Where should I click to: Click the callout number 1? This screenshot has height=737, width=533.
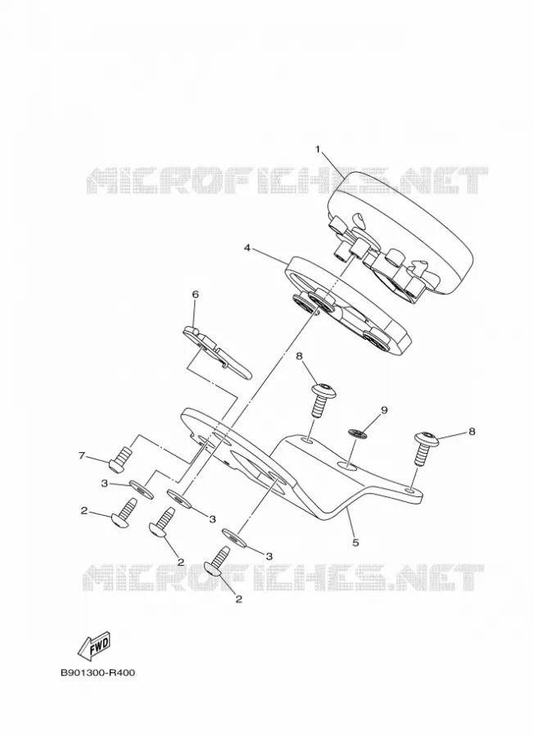pyautogui.click(x=318, y=150)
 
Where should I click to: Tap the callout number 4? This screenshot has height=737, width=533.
pyautogui.click(x=247, y=247)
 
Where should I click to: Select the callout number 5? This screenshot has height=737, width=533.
pyautogui.click(x=356, y=542)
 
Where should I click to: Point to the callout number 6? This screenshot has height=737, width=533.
pyautogui.click(x=195, y=295)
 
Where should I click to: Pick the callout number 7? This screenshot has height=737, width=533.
pyautogui.click(x=81, y=454)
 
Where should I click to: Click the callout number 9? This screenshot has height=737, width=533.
pyautogui.click(x=384, y=410)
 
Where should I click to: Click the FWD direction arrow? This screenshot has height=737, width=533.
pyautogui.click(x=93, y=644)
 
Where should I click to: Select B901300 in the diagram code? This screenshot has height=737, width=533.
pyautogui.click(x=81, y=672)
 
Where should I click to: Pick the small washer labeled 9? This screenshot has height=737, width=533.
pyautogui.click(x=359, y=434)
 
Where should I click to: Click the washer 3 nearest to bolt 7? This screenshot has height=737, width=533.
pyautogui.click(x=142, y=489)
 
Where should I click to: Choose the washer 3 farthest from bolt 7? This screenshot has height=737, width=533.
pyautogui.click(x=234, y=537)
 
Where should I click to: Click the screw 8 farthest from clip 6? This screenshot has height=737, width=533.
pyautogui.click(x=425, y=447)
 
